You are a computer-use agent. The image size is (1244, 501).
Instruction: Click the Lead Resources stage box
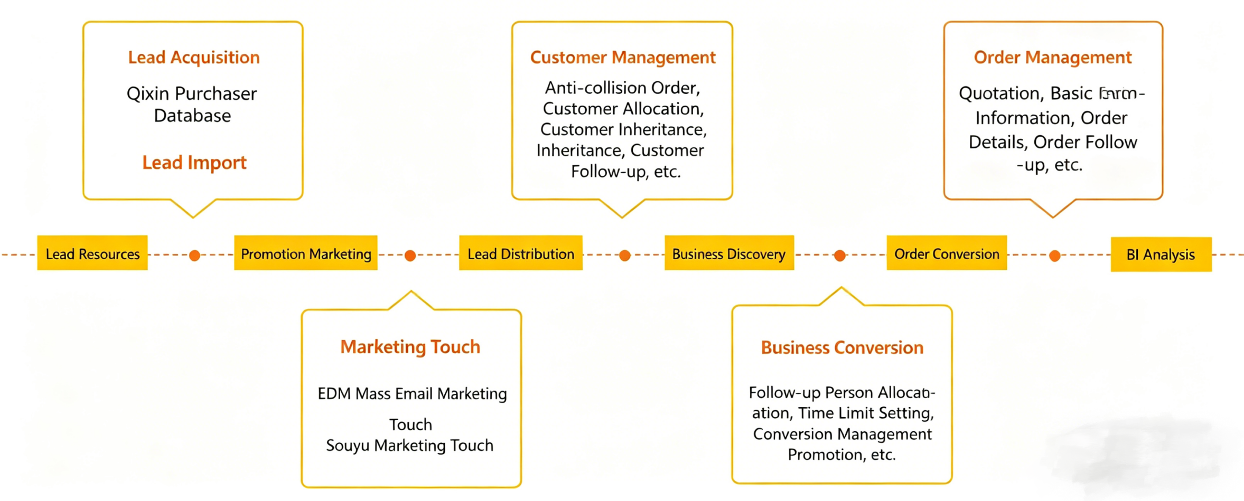(92, 253)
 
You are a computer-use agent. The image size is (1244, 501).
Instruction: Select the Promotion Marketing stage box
(306, 253)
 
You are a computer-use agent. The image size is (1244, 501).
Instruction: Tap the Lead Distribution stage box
(520, 253)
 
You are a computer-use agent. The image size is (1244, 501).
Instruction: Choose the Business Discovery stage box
(729, 253)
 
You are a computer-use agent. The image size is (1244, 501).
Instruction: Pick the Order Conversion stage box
(947, 253)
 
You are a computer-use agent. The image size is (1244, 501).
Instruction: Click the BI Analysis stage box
(1161, 254)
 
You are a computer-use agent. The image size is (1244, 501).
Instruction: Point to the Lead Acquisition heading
(194, 57)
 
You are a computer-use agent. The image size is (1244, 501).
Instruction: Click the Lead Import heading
(194, 162)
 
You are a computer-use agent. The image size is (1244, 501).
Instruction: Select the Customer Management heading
(623, 57)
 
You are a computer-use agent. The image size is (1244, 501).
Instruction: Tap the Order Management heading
(1053, 57)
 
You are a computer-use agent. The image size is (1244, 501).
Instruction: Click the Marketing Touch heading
(410, 347)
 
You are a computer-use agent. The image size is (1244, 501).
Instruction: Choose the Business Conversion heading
(842, 348)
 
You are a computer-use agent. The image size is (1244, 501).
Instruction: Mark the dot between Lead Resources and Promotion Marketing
(194, 256)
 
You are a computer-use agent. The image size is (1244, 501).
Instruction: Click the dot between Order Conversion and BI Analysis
(1054, 256)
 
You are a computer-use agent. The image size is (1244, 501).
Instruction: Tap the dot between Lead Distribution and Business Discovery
(624, 256)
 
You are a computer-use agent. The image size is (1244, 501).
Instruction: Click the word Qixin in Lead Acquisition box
(148, 94)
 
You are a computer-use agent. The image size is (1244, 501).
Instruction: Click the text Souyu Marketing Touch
(410, 446)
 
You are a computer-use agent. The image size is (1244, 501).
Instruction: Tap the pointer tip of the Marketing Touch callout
(411, 292)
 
